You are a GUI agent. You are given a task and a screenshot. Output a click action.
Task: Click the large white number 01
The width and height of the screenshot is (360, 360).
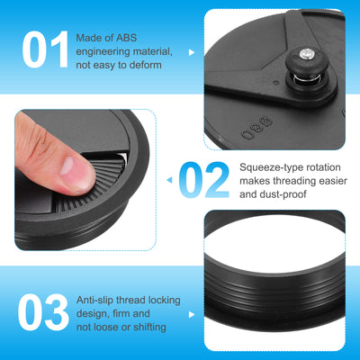click(x=46, y=49)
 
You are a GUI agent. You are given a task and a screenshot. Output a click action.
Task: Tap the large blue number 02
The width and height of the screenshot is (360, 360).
click(x=204, y=180)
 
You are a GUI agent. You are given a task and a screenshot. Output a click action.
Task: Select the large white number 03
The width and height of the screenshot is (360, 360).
click(x=43, y=312)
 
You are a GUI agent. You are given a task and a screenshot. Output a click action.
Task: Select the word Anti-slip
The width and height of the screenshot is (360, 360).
click(x=94, y=300)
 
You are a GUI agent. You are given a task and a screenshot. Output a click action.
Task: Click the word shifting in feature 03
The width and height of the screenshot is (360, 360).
click(x=149, y=327)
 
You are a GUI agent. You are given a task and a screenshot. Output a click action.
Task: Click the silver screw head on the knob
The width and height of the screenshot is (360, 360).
click(x=307, y=54)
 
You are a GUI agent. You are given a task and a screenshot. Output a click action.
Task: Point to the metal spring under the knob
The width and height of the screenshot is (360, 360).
click(x=306, y=78)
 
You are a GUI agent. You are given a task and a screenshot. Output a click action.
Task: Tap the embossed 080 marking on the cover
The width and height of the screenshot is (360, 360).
click(x=257, y=128)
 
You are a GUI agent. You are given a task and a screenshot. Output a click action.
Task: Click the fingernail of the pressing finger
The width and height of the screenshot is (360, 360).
click(x=67, y=166)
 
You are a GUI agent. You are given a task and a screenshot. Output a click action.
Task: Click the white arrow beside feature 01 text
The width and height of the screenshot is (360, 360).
click(x=192, y=52)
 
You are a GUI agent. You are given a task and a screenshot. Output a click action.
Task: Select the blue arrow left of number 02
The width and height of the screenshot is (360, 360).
click(x=170, y=180)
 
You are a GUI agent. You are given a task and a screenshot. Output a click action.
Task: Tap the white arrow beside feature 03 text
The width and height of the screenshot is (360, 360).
click(x=192, y=315)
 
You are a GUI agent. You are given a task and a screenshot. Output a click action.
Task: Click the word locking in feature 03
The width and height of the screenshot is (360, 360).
click(x=163, y=300)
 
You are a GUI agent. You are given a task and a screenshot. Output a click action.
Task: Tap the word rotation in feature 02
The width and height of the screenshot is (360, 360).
click(x=321, y=167)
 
